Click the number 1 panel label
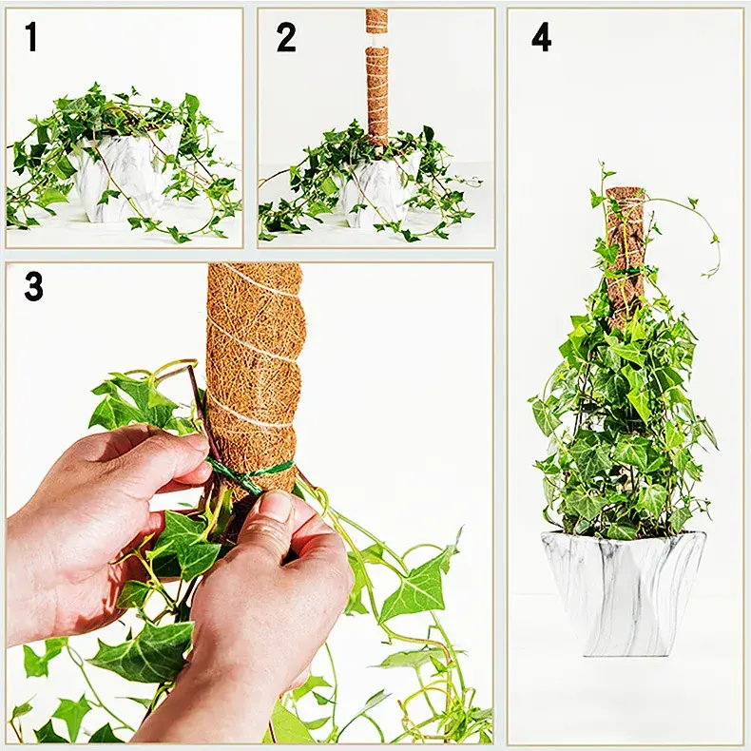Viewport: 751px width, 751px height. click(x=32, y=37)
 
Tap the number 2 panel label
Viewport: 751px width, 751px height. click(x=286, y=37)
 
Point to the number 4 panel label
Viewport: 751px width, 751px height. click(x=541, y=37)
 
